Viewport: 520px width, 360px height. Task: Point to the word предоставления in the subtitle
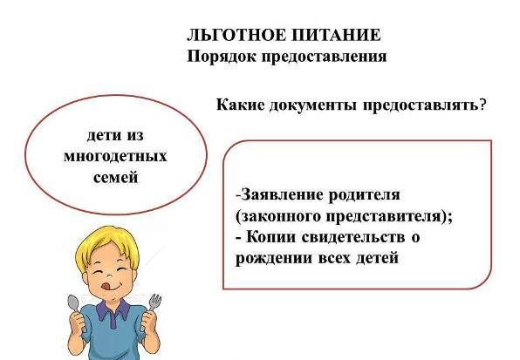325,57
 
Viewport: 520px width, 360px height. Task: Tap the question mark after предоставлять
482,105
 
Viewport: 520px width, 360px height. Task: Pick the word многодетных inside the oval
115,156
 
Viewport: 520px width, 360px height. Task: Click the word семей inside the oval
116,177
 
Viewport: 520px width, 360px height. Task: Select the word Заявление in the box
281,194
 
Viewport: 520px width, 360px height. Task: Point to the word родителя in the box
364,195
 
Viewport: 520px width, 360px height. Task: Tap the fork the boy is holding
154,302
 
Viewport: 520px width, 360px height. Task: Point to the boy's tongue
106,285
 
